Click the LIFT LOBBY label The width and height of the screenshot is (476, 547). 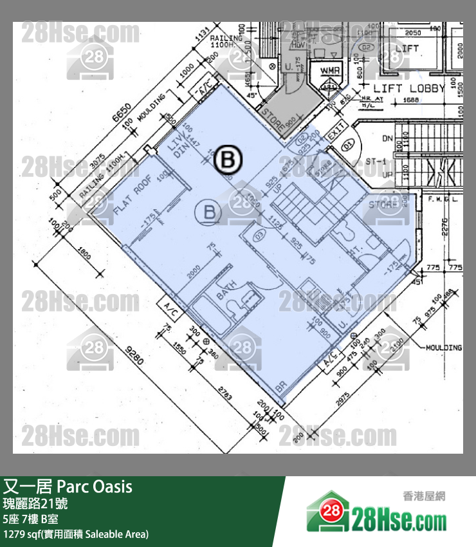(409, 88)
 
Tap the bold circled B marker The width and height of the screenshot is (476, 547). (227, 160)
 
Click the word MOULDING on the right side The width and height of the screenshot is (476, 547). (443, 348)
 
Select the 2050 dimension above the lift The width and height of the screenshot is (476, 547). (413, 33)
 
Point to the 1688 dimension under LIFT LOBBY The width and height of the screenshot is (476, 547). (411, 101)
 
